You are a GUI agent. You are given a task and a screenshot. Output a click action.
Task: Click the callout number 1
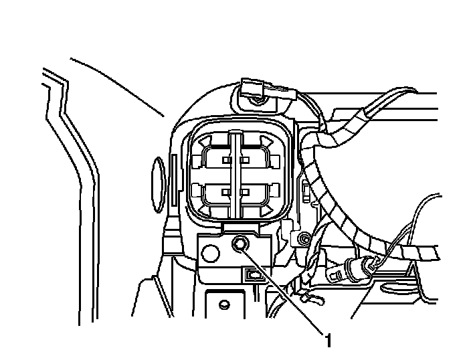[328, 341]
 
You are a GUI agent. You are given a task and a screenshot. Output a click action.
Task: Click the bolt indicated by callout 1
[240, 247]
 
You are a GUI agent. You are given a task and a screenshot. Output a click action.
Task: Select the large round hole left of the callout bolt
[209, 253]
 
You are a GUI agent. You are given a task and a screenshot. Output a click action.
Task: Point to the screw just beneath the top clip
[257, 101]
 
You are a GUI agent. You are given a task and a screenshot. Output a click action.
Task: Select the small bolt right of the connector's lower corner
[304, 239]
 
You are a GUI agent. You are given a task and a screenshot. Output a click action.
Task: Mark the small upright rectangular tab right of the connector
[306, 191]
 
